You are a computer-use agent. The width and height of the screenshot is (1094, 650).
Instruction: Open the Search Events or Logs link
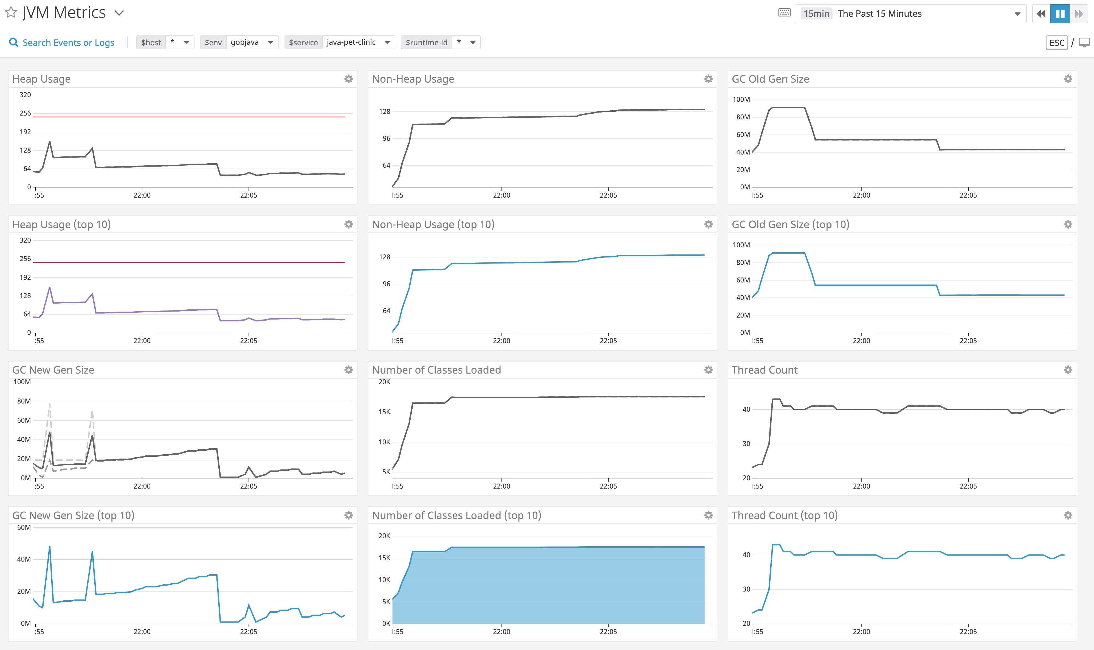[x=68, y=43]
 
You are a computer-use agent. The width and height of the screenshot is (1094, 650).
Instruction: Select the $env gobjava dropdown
[x=252, y=43]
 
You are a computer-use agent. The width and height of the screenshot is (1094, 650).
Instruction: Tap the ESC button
[x=1056, y=43]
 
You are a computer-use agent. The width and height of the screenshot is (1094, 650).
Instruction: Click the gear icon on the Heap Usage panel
[x=348, y=79]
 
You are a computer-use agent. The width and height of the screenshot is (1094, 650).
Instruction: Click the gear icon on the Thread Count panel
[x=1068, y=370]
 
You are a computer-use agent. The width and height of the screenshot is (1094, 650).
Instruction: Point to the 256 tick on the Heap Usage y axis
[x=25, y=113]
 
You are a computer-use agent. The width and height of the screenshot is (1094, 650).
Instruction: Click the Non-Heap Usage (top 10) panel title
[x=433, y=224]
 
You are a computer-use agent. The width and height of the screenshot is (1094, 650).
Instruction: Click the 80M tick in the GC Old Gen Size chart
[x=743, y=117]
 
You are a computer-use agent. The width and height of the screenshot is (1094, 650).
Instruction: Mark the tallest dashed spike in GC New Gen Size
[x=49, y=404]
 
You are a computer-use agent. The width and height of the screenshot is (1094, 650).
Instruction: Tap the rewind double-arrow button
[x=1041, y=13]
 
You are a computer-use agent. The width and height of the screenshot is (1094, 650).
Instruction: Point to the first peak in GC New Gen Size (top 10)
[x=49, y=547]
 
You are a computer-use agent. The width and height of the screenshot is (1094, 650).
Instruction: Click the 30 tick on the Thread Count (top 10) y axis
[x=746, y=589]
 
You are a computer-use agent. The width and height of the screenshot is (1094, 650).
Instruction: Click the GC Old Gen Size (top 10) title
[x=790, y=224]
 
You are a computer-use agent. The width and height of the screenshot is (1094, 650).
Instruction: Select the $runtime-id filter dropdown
[x=440, y=43]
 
